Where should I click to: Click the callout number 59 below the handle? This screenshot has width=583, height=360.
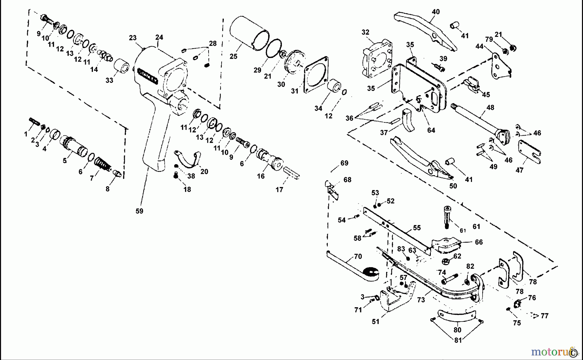tap(139, 211)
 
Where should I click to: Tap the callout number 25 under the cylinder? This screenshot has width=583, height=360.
tap(234, 56)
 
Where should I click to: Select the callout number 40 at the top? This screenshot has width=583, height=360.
tap(436, 12)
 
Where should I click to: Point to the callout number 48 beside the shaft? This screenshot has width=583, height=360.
tap(490, 107)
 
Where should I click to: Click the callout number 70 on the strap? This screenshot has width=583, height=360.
tap(358, 257)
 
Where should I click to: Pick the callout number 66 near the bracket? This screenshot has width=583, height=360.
tap(479, 242)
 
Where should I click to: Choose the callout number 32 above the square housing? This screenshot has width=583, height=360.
tap(365, 32)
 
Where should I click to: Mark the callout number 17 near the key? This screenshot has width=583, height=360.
tap(279, 190)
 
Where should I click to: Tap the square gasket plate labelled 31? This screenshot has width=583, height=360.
tap(316, 74)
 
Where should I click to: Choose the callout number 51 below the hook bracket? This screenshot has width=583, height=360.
tap(375, 321)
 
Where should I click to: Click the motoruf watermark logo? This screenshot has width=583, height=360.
tap(551, 352)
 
